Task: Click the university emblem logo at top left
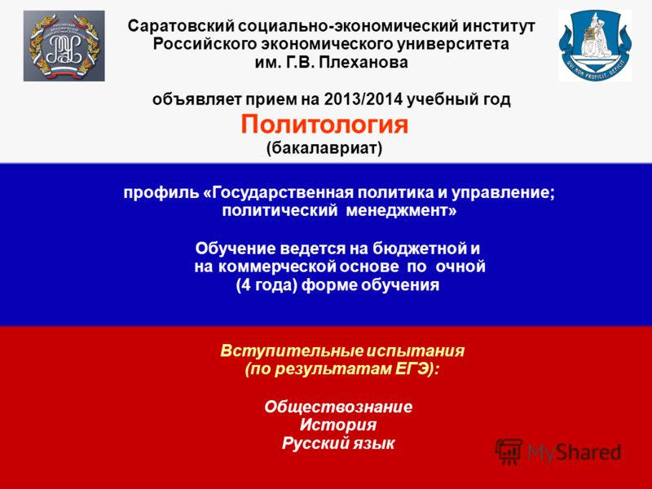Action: point(64,46)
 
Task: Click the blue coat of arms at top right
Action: point(595,46)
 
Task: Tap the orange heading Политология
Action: point(324,125)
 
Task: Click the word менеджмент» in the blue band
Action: point(412,210)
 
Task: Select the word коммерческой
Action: point(293,267)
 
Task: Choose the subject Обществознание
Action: point(338,407)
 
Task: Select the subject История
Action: point(338,425)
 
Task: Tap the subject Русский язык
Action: point(338,443)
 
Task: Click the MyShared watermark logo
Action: point(558,452)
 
